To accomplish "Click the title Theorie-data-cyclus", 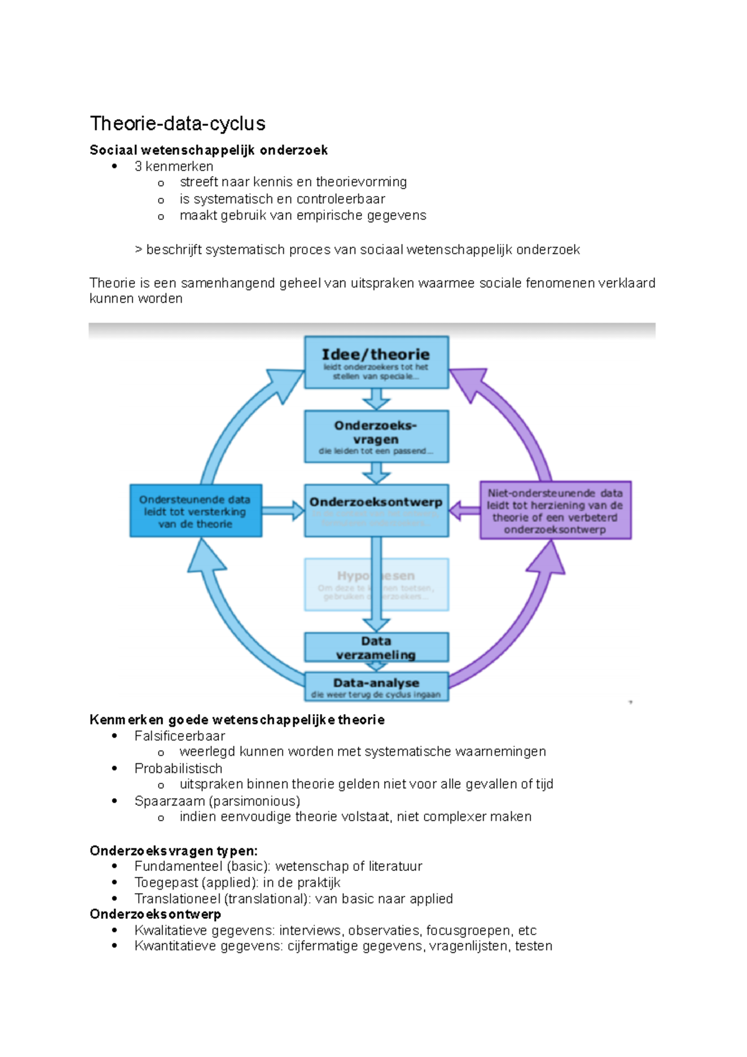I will tap(177, 123).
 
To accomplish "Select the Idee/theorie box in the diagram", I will tap(376, 362).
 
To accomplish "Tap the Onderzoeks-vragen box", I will tap(376, 436).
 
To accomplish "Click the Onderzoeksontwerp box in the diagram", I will tap(376, 510).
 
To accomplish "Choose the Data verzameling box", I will tap(376, 647).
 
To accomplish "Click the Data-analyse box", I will tap(376, 687).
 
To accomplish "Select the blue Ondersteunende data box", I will tap(195, 511).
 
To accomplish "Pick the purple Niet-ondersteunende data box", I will tap(555, 510).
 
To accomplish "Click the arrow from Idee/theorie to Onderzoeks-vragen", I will tap(376, 399).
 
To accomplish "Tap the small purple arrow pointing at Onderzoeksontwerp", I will tap(464, 510).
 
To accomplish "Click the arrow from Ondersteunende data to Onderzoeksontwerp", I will tap(283, 511).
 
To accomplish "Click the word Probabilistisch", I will tap(178, 768).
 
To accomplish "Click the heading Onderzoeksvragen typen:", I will tap(173, 850).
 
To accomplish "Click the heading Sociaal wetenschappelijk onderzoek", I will tap(209, 150).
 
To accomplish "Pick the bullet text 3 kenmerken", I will tap(174, 166).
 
